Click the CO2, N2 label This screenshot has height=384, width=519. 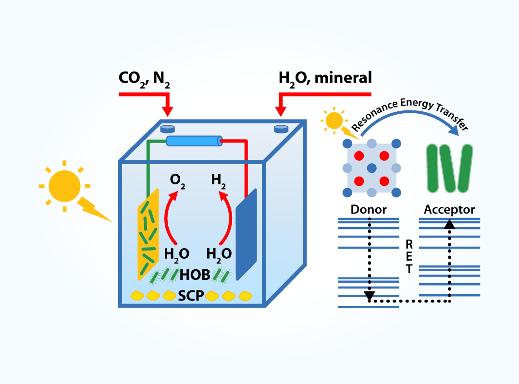(x=144, y=78)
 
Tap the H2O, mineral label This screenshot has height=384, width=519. (x=325, y=77)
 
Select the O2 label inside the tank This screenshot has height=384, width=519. (x=178, y=181)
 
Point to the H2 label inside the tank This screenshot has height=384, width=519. (x=219, y=180)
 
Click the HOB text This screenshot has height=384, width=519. (x=195, y=275)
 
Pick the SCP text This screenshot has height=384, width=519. (x=191, y=295)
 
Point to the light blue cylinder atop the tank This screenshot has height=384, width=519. (x=194, y=141)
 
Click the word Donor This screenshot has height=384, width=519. (x=369, y=210)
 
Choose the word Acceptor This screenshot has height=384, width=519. (x=449, y=210)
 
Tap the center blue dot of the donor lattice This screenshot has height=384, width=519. (x=371, y=168)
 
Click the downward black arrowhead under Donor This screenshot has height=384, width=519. (x=369, y=295)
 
